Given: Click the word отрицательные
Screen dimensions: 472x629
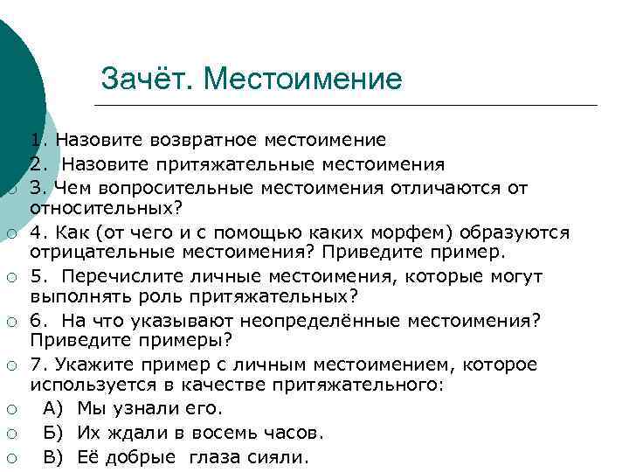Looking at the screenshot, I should [x=104, y=253].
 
